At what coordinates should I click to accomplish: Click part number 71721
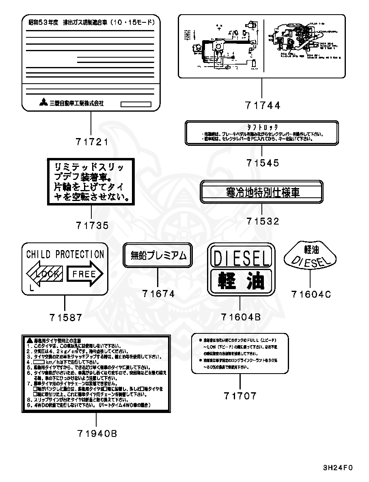92,142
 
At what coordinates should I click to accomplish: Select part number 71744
263,105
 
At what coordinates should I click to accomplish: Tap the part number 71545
263,163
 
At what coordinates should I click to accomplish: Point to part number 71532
263,221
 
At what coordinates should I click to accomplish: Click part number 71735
92,225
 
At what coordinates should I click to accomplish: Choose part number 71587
65,318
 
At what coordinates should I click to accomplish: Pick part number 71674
158,294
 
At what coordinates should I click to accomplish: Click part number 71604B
241,317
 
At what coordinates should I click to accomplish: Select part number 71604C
311,294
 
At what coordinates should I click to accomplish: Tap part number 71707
240,396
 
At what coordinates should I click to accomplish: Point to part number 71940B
96,434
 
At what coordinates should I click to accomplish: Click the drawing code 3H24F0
338,467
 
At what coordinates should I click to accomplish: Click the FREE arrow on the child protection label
85,274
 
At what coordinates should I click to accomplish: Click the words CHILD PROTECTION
65,255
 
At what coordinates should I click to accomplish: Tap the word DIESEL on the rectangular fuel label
241,259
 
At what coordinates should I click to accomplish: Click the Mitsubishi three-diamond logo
43,103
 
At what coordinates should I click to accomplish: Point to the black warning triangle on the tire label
29,339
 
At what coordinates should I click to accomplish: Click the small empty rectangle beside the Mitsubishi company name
136,104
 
